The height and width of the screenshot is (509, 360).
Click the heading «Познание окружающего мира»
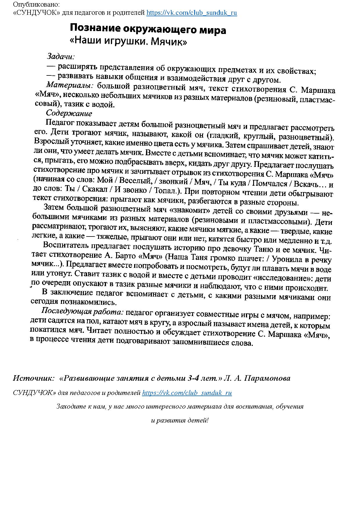point(148,30)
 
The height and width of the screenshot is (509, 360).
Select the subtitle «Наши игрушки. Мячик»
point(128,41)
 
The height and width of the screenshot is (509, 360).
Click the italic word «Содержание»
point(69,113)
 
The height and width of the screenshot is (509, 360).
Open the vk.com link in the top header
point(192,13)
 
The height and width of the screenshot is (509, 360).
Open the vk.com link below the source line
point(187,393)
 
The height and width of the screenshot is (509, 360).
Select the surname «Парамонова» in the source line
point(267,378)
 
